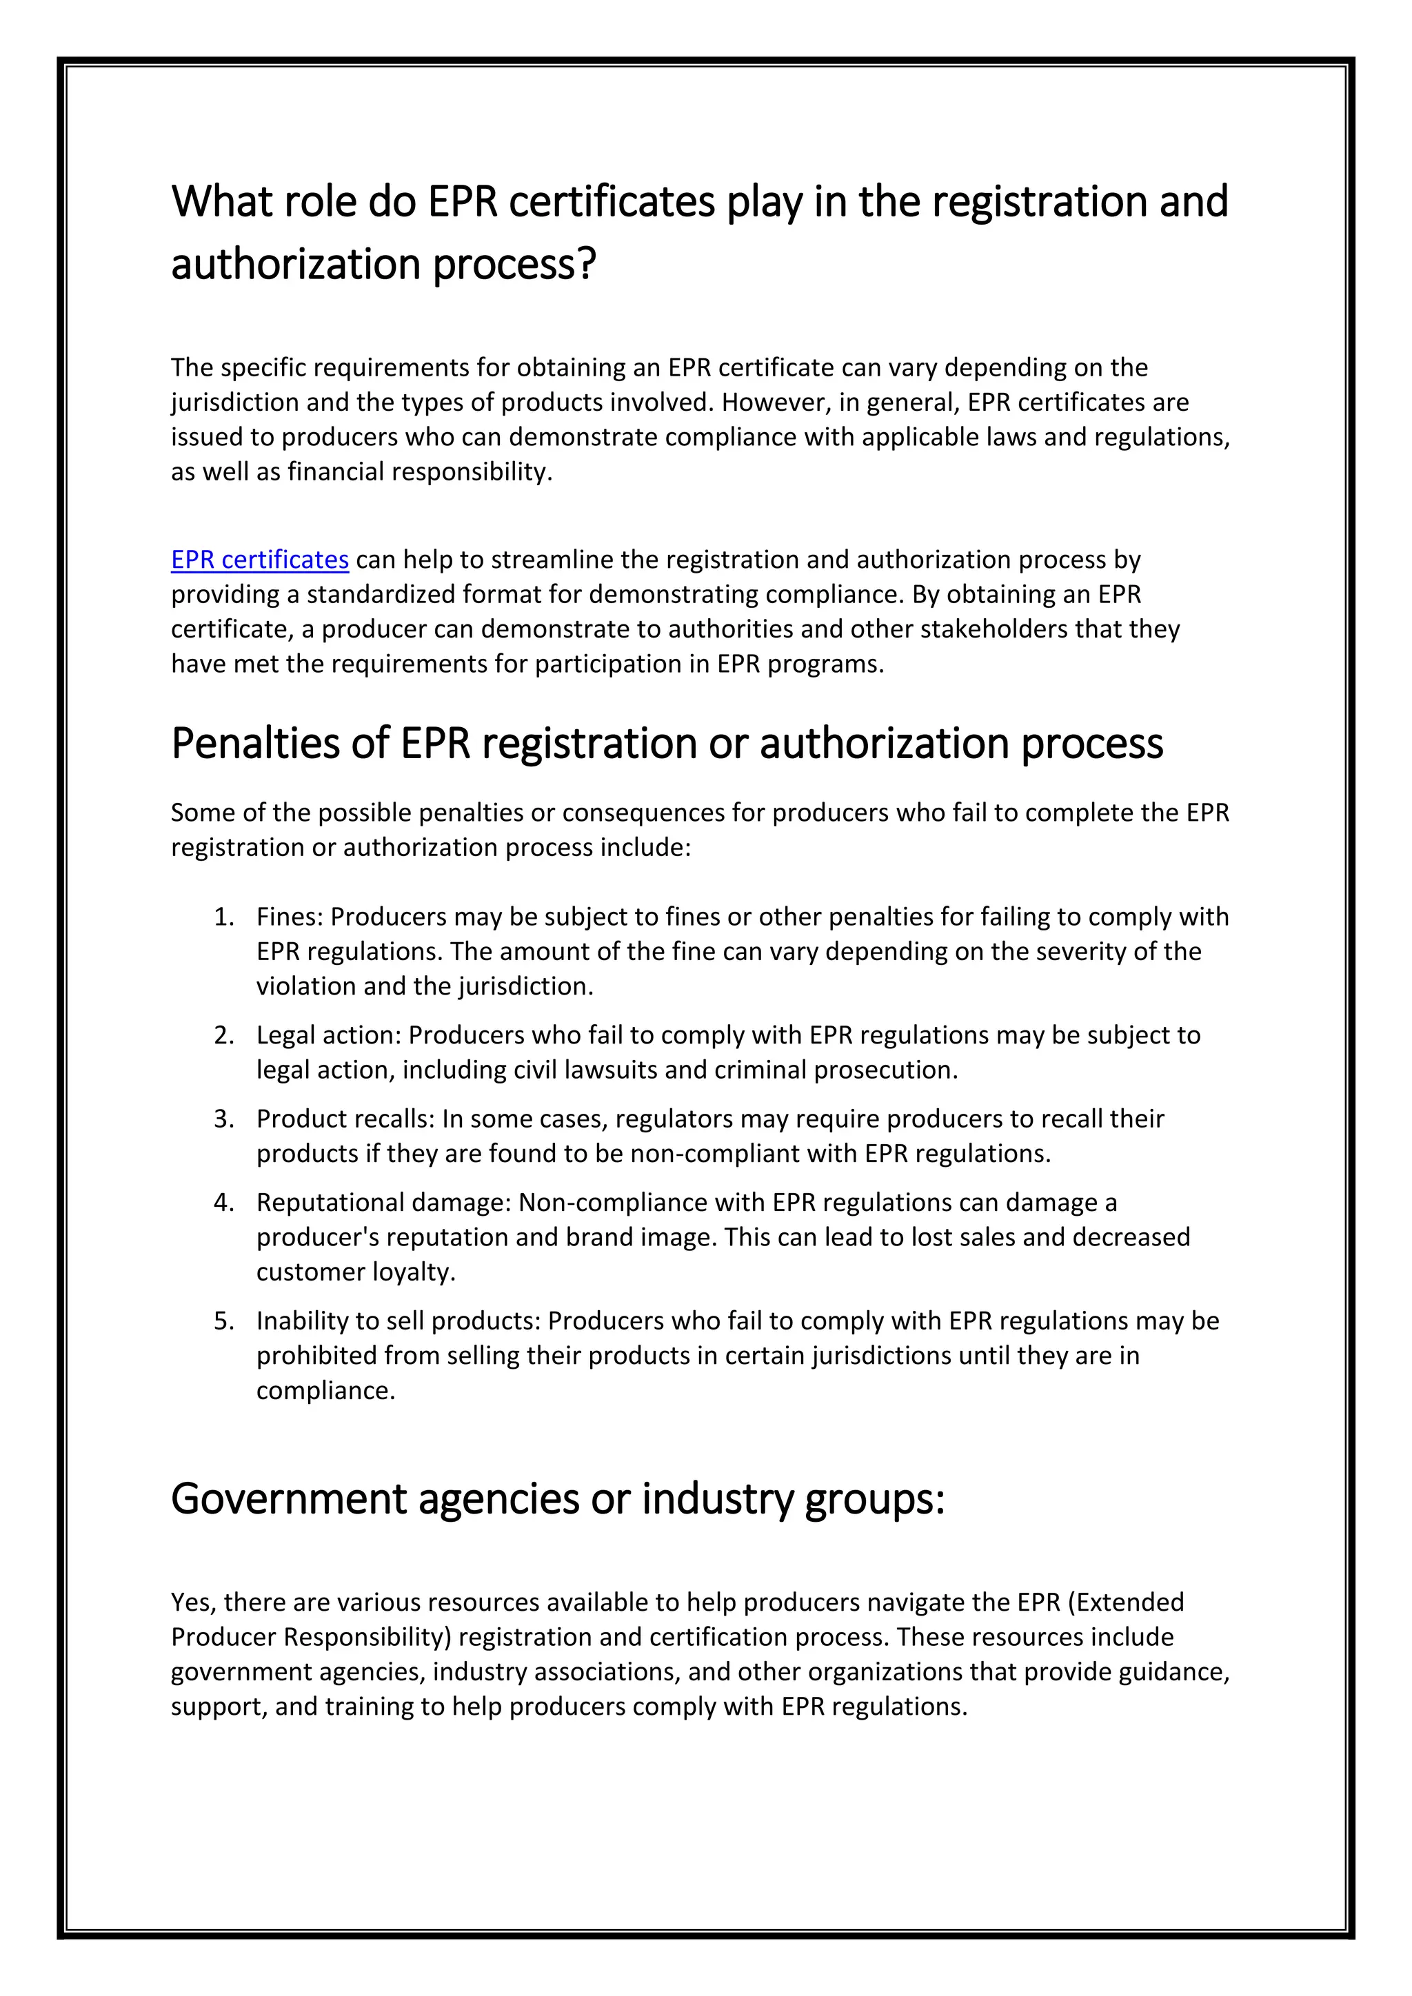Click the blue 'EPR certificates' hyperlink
[260, 560]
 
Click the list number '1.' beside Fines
[224, 917]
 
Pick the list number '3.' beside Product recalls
[224, 1119]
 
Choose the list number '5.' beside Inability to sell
[224, 1321]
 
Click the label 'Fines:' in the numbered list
[290, 917]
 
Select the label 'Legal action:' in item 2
[329, 1035]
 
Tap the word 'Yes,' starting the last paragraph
[194, 1602]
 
